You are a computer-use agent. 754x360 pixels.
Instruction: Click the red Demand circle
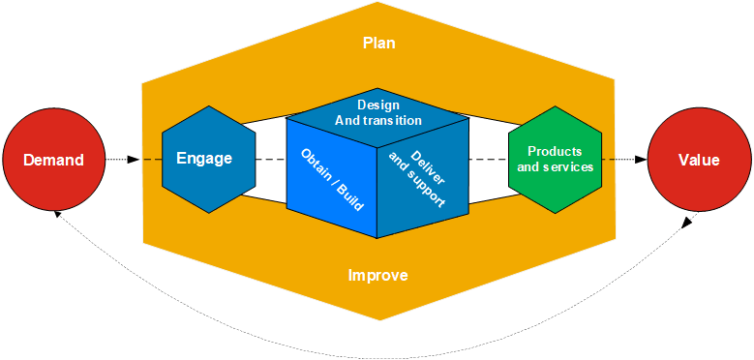click(x=53, y=160)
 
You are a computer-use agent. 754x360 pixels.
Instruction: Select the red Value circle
click(x=697, y=160)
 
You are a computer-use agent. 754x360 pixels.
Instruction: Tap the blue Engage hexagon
click(x=204, y=159)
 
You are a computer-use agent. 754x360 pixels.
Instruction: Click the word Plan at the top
click(x=378, y=44)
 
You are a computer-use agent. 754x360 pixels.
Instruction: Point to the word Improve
click(x=377, y=276)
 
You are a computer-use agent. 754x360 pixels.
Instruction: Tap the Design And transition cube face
click(x=377, y=113)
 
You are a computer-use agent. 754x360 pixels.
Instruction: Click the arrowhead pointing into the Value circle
click(x=641, y=160)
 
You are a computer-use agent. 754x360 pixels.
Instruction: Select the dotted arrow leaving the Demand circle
click(x=120, y=160)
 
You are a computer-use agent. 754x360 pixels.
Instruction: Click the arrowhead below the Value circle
click(x=688, y=221)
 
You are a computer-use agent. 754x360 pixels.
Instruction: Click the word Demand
click(x=53, y=160)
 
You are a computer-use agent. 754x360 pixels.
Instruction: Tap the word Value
click(x=698, y=160)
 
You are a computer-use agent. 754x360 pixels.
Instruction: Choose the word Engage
click(x=204, y=159)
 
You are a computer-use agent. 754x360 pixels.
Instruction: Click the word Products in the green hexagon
click(x=555, y=152)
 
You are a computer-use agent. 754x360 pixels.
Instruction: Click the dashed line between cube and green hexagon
click(x=489, y=160)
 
